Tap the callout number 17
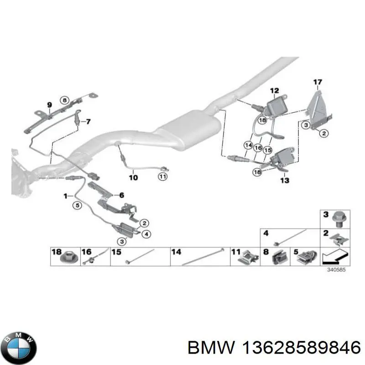click(x=318, y=83)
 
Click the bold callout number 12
click(x=274, y=90)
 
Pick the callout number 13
click(x=284, y=180)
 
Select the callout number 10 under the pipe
click(x=133, y=177)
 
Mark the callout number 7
click(x=88, y=122)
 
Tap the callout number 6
click(x=121, y=195)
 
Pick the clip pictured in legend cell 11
click(x=249, y=259)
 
